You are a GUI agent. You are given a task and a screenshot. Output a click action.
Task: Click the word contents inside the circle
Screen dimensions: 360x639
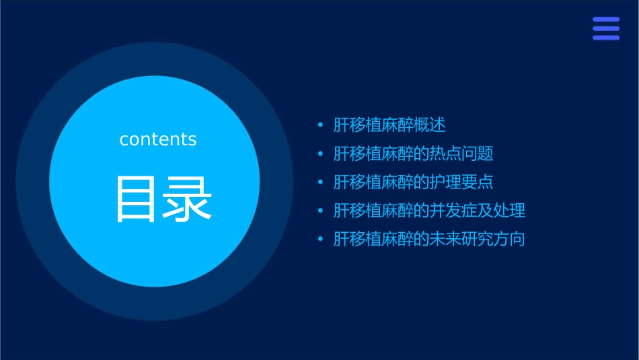(x=157, y=139)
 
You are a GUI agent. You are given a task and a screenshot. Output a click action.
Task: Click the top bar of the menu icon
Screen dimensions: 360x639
(x=606, y=20)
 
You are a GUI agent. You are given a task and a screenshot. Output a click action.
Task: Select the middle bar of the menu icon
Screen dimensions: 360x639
(x=606, y=29)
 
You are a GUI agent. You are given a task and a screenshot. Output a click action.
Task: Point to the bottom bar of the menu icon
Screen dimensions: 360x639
(x=606, y=38)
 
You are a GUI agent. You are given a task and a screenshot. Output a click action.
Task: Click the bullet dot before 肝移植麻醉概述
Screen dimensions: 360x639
(x=320, y=125)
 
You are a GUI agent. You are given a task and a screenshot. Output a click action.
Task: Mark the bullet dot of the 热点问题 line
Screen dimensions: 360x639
(x=320, y=154)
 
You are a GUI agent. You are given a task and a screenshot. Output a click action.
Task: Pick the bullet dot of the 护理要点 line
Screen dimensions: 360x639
(x=320, y=182)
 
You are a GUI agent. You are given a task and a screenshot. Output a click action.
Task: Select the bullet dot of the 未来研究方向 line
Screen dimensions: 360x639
(x=320, y=240)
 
